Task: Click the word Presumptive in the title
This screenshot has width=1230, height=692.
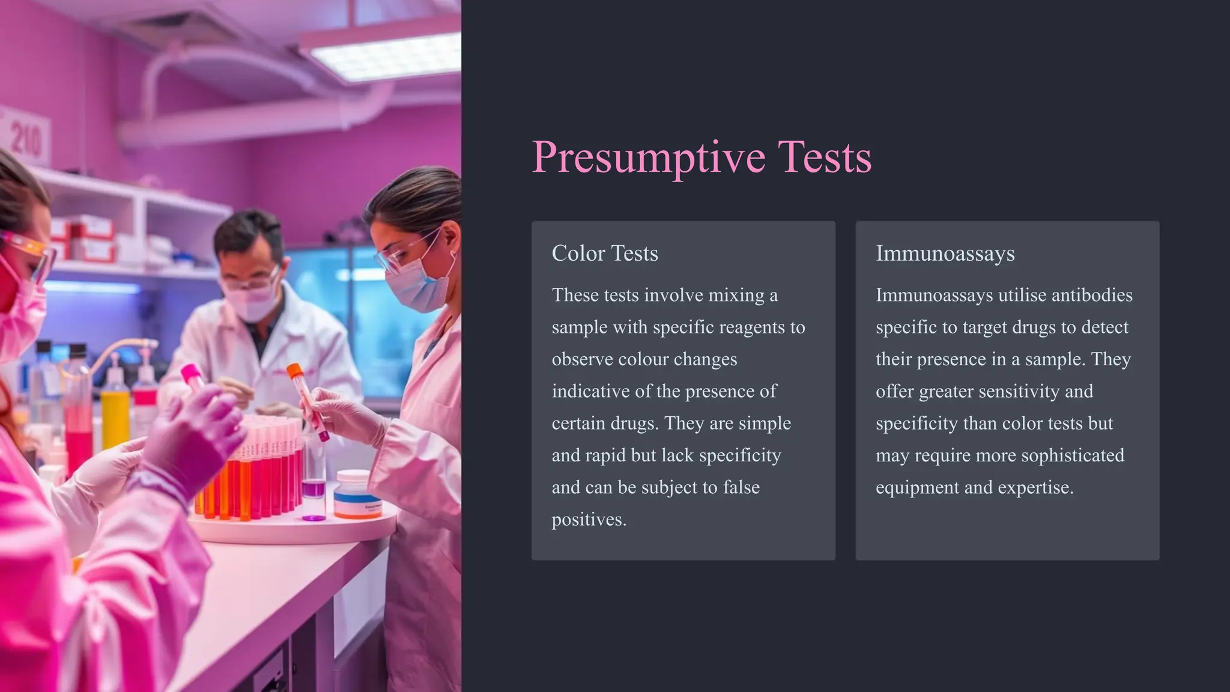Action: [648, 157]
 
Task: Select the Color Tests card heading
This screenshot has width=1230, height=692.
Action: [605, 253]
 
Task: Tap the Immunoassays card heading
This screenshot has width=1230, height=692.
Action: [945, 253]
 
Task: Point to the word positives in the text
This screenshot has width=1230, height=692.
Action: [589, 519]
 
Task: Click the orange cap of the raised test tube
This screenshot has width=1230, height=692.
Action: [294, 371]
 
